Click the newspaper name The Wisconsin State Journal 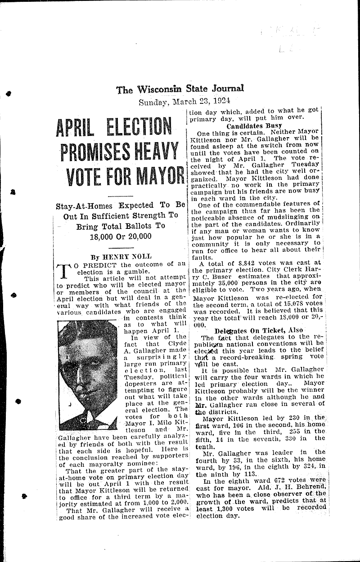[x=180, y=89]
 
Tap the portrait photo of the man [x=88, y=375]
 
